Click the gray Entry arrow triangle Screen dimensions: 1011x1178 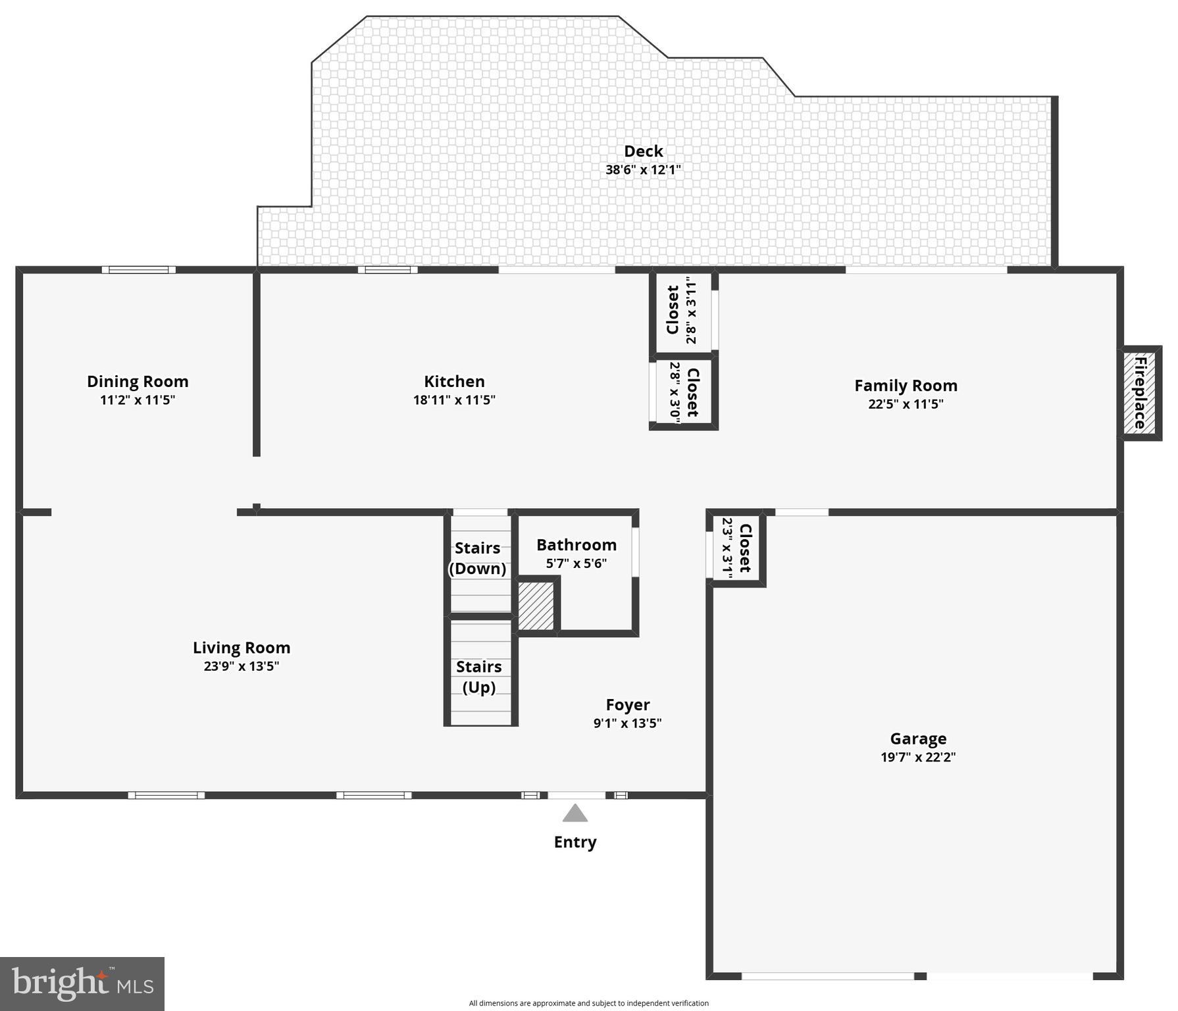coord(575,814)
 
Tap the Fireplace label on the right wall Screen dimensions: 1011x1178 coord(1140,392)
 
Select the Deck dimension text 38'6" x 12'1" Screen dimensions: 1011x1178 coord(643,170)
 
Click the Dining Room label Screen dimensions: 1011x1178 coord(138,382)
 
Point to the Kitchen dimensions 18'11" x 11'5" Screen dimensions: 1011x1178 coord(454,400)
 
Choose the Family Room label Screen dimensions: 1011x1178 coord(906,386)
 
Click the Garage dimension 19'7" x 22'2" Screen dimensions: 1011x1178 coord(918,758)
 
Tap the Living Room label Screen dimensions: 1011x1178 coord(242,648)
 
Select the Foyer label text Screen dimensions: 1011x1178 coord(628,705)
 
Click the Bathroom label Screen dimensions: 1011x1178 coord(576,545)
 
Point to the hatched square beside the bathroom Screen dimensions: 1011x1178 coord(536,606)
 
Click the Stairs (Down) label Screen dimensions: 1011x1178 coord(478,558)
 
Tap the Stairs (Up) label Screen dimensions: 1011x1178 coord(479,677)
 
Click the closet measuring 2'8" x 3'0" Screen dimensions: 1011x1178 coord(683,393)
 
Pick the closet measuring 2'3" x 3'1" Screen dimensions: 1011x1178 coord(736,548)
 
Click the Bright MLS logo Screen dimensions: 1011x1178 coord(82,983)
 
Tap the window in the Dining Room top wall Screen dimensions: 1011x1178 coord(139,270)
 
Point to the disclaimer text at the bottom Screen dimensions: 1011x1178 coord(588,1003)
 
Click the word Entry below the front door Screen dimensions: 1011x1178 coord(575,842)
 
